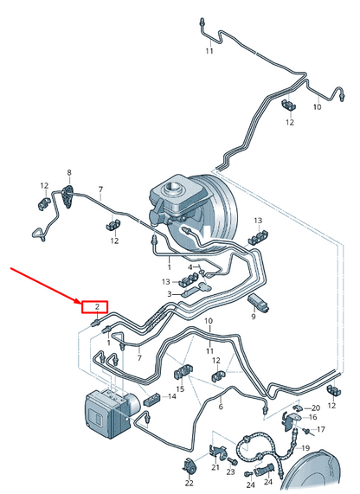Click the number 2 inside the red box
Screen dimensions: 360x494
point(97,306)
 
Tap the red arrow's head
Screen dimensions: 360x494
point(78,301)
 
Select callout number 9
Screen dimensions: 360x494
point(254,317)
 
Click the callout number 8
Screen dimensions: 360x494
point(69,172)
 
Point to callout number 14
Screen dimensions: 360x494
point(172,396)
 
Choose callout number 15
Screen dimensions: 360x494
point(180,388)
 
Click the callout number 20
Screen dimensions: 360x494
point(316,408)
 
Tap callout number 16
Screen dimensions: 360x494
point(312,418)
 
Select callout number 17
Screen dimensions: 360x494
point(320,429)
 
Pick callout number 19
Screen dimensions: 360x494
point(305,447)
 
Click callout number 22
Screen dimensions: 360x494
point(190,483)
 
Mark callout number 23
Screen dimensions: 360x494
point(231,472)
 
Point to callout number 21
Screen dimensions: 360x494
point(215,467)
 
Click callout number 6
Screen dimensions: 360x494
point(221,407)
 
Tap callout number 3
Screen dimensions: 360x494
point(170,294)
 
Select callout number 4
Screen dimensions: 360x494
point(190,267)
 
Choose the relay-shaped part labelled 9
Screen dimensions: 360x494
point(259,303)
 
